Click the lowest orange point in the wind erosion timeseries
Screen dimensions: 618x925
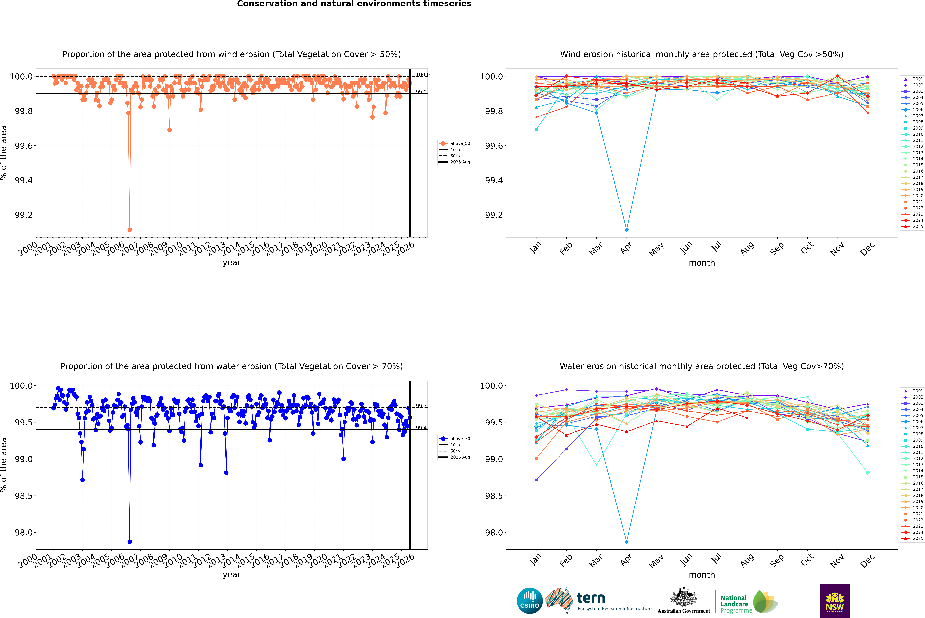[x=130, y=229]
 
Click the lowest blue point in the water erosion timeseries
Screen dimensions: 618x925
[x=130, y=542]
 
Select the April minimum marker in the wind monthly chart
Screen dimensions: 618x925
[x=627, y=229]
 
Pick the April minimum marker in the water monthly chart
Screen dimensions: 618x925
[x=627, y=542]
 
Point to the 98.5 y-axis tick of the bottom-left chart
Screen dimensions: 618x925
[x=24, y=496]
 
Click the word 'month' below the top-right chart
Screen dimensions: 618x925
[x=701, y=263]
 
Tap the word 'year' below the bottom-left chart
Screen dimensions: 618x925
[x=231, y=575]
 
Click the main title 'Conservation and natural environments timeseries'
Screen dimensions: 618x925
[x=354, y=4]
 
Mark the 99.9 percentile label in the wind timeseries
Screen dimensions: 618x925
[x=421, y=92]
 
